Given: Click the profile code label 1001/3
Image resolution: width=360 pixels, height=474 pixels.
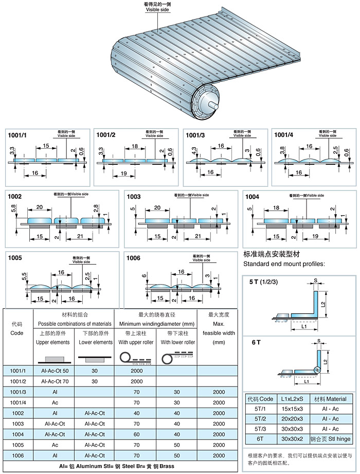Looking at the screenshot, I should [x=195, y=135].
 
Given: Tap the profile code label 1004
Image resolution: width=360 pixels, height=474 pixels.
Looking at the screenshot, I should [x=253, y=197].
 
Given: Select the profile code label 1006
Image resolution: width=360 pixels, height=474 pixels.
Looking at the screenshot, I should [x=135, y=258].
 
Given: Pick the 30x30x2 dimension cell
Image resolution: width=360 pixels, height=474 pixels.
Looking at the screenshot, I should [x=292, y=438].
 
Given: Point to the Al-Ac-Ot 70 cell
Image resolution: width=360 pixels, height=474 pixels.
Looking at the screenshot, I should [x=55, y=381].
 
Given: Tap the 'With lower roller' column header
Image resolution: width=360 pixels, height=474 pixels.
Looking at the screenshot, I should [x=176, y=342].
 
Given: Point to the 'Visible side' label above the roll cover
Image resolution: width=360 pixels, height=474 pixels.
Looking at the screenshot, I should [x=157, y=10].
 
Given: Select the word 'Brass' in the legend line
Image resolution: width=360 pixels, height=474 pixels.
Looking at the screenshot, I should [x=164, y=466].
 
